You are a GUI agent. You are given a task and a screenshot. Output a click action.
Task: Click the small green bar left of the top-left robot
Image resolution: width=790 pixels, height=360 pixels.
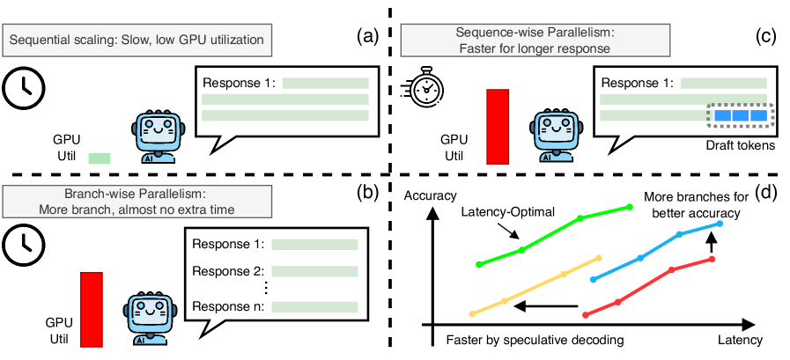[x=100, y=158]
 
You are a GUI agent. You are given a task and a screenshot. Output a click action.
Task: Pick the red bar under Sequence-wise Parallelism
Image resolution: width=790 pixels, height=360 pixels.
[x=498, y=126]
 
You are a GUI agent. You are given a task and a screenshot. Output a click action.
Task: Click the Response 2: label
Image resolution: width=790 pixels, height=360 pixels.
[x=228, y=271]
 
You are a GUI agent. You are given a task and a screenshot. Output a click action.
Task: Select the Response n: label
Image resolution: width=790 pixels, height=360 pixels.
[x=228, y=307]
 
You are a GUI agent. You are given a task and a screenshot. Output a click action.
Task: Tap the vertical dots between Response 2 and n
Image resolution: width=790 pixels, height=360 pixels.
[x=265, y=289]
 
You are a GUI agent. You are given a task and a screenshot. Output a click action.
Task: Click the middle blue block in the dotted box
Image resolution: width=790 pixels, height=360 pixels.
[x=740, y=116]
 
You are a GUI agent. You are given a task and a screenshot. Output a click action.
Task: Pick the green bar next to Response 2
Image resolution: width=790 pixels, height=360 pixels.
[x=314, y=272]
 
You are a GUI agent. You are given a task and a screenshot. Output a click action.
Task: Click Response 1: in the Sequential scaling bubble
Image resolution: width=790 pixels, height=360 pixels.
[x=240, y=84]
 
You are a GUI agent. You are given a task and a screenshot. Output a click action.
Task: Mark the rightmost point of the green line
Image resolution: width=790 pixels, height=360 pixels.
[x=631, y=207]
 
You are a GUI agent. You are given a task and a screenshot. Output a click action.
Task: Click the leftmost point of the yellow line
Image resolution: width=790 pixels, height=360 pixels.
[x=472, y=313]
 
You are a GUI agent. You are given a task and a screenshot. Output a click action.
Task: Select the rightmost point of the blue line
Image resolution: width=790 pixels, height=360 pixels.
[x=720, y=224]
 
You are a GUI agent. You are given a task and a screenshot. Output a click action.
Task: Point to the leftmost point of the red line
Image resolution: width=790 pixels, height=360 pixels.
[x=585, y=314]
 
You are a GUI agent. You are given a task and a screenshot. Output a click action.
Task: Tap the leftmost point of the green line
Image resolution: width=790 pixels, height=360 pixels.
[x=479, y=263]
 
